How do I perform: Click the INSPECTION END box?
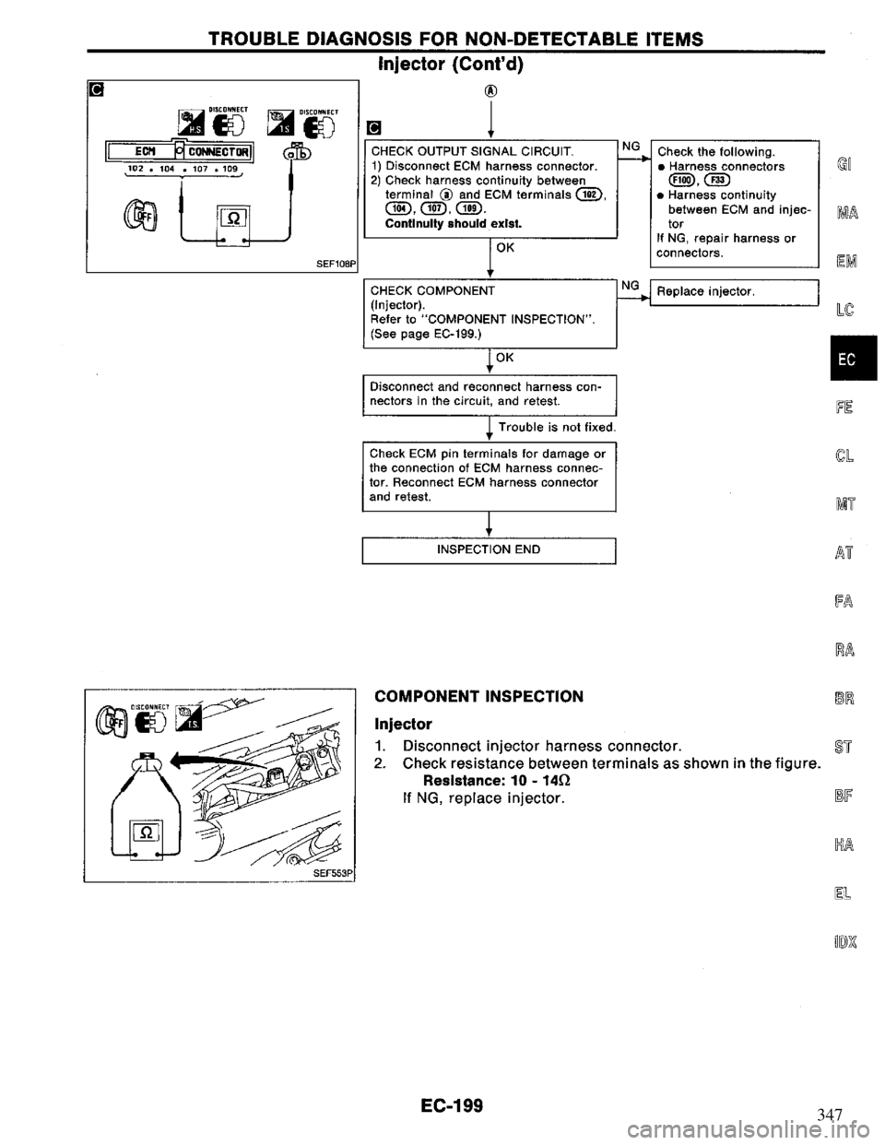(x=490, y=549)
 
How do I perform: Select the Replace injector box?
(x=735, y=292)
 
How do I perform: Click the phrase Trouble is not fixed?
(x=557, y=427)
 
